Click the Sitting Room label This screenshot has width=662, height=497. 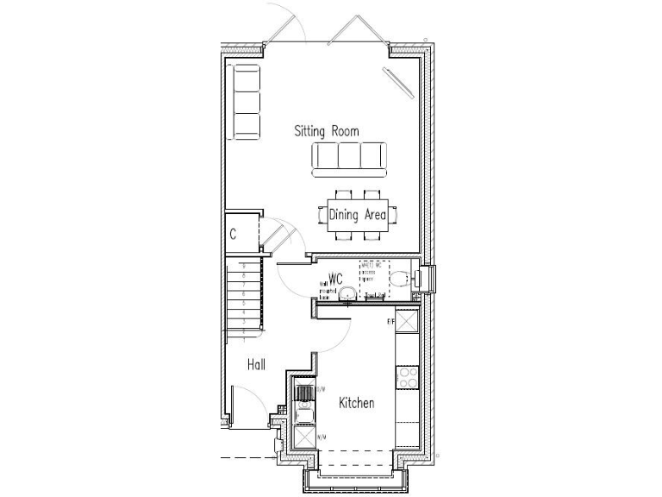pyautogui.click(x=327, y=131)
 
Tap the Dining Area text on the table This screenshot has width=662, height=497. pyautogui.click(x=357, y=215)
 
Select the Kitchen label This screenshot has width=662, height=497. pyautogui.click(x=356, y=403)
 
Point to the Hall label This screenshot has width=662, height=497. pyautogui.click(x=256, y=365)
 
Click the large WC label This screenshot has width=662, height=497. pyautogui.click(x=336, y=278)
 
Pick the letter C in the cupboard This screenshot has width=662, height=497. pyautogui.click(x=233, y=234)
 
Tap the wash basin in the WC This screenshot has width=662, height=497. pyautogui.click(x=347, y=296)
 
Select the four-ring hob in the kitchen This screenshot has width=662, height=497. pyautogui.click(x=407, y=376)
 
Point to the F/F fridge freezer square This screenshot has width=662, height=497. pyautogui.click(x=407, y=321)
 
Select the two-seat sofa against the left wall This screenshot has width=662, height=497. pyautogui.click(x=246, y=101)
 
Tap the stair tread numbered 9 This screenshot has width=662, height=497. pyautogui.click(x=244, y=267)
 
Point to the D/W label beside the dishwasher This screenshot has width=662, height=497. pyautogui.click(x=321, y=390)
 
